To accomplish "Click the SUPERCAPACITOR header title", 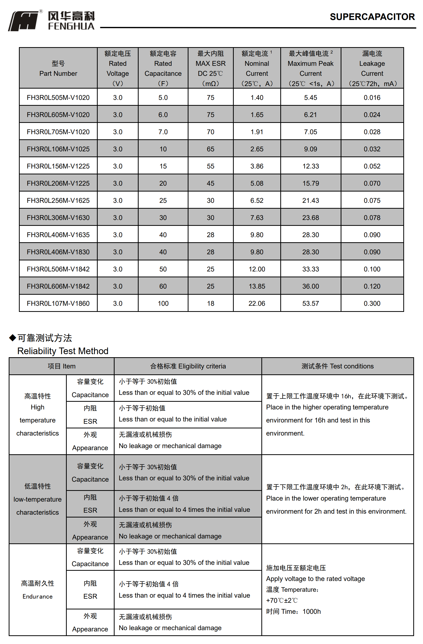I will tap(372, 17).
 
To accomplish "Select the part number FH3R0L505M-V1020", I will tap(58, 97).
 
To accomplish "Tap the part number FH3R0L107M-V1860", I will tap(58, 303).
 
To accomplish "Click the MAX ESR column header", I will tap(210, 68).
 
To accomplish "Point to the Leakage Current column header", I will tap(372, 68).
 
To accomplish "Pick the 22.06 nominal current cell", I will tap(257, 303).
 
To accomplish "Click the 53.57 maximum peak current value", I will tap(310, 303).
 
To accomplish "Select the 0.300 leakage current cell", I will tap(372, 303).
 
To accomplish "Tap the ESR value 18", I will tap(210, 303).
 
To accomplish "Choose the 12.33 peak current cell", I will tap(310, 166).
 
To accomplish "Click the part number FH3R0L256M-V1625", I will tap(58, 200).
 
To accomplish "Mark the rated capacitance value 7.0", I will tap(163, 132).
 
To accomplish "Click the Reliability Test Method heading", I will tap(63, 351).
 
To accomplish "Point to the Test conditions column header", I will tap(337, 366).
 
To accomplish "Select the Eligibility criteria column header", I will tap(188, 366).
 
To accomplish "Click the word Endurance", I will tap(38, 596).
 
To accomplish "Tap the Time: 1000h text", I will tap(293, 611).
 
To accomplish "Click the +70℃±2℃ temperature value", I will tap(282, 600).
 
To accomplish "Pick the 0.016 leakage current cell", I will tap(372, 97).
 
